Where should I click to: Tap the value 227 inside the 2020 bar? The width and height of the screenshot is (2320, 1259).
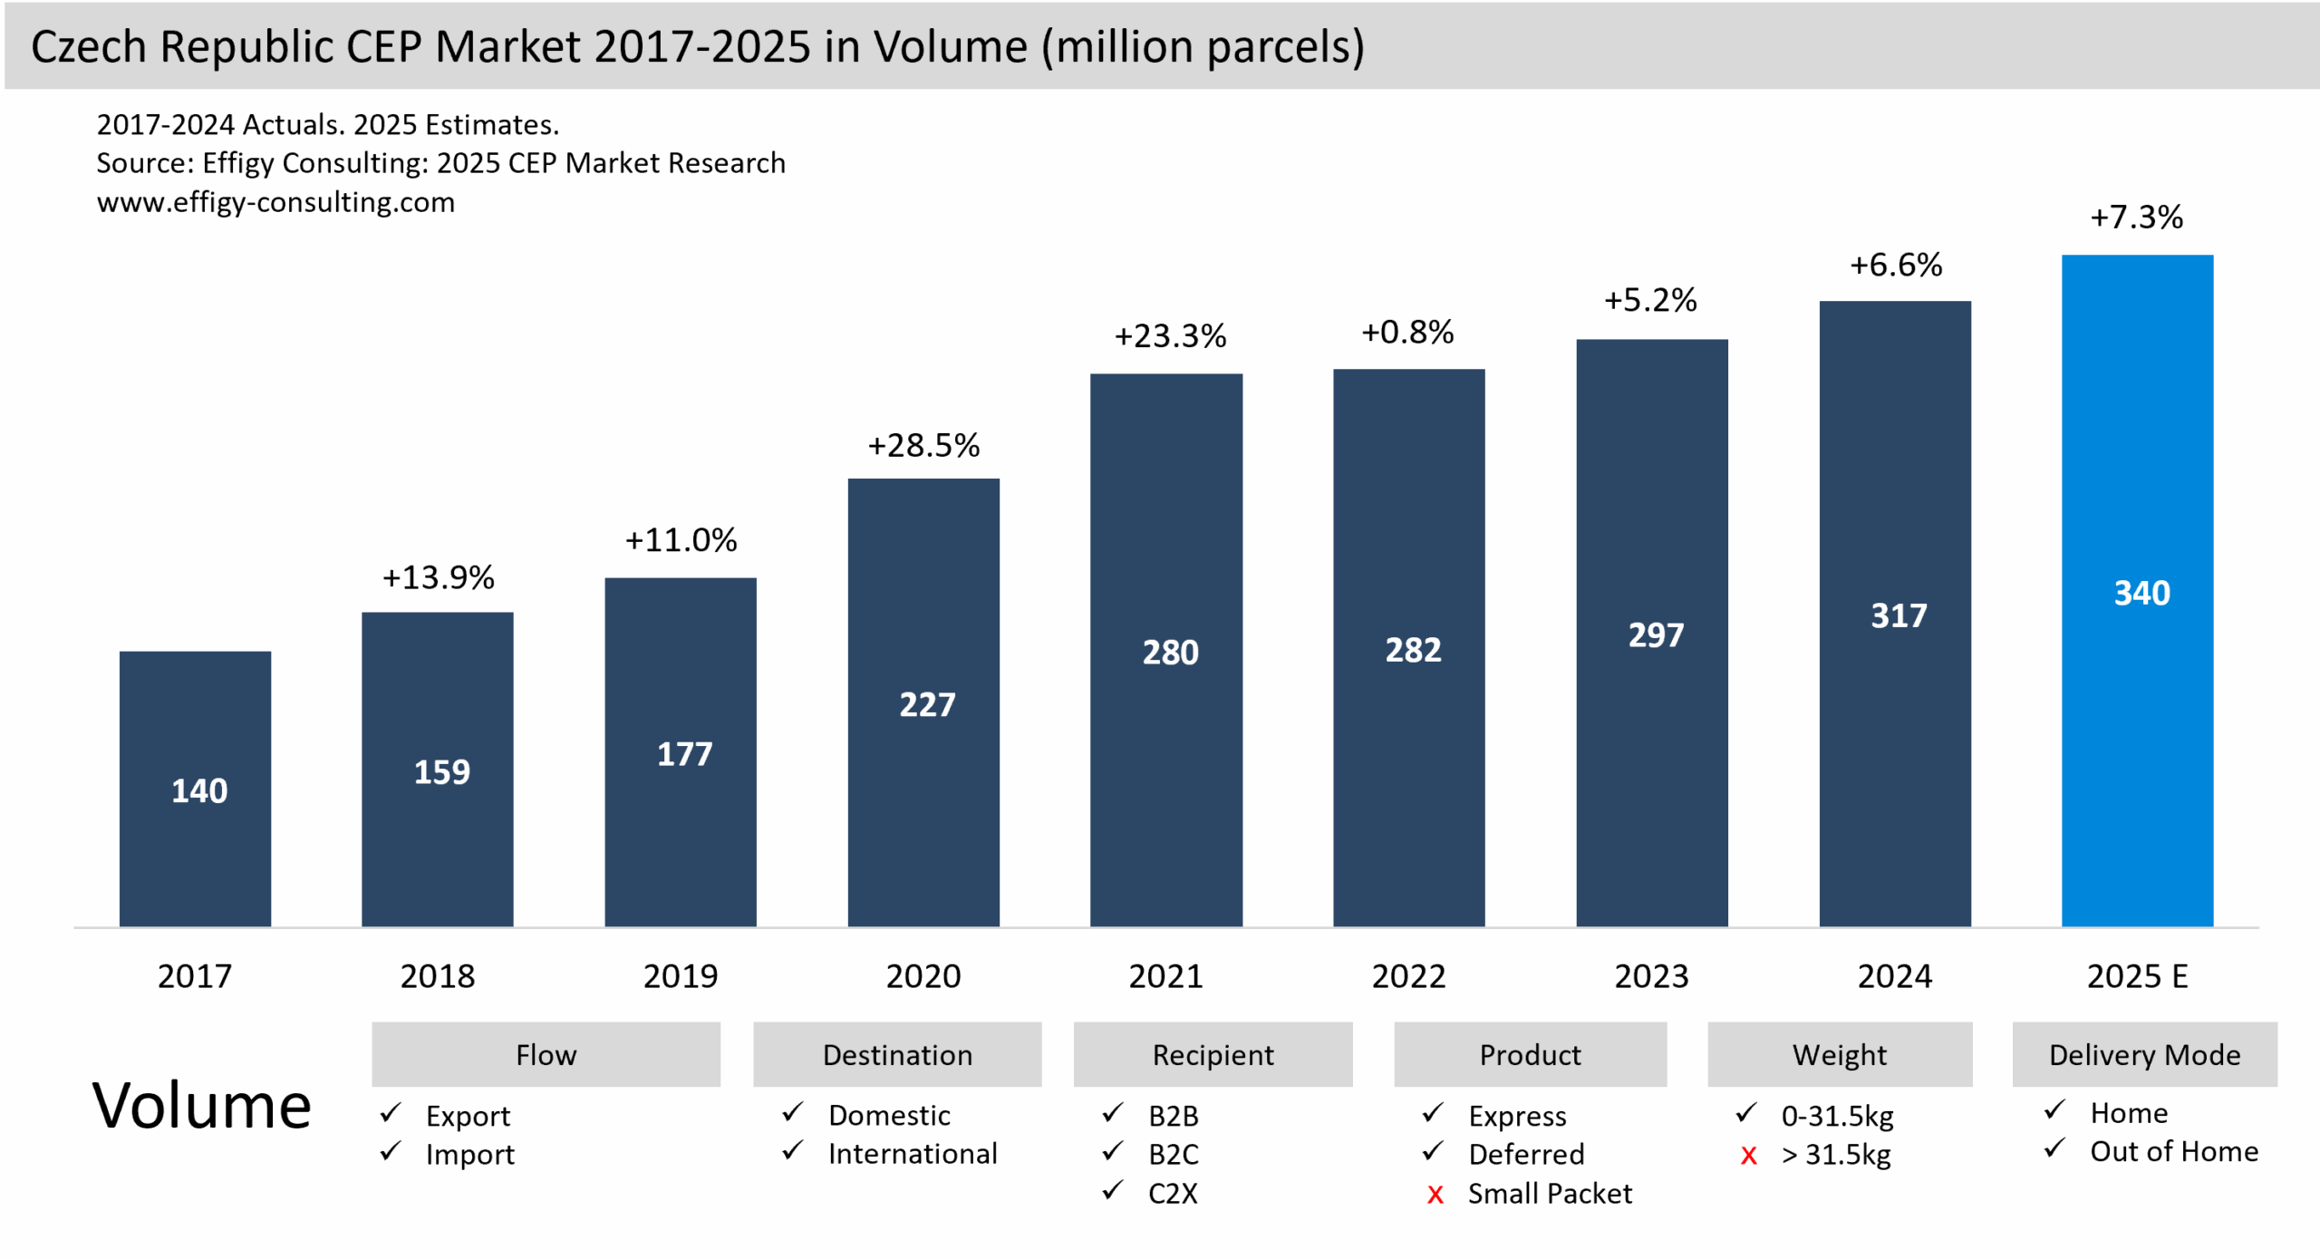pos(926,705)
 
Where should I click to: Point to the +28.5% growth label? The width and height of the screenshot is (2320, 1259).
pos(923,446)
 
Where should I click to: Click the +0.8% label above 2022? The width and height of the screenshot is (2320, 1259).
pos(1407,333)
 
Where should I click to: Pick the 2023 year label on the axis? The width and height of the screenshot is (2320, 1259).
pos(1651,976)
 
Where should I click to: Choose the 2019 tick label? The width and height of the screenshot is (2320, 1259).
pos(680,976)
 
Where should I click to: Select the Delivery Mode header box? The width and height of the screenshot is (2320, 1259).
pos(2144,1055)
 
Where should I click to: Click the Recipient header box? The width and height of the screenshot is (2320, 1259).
pos(1213,1055)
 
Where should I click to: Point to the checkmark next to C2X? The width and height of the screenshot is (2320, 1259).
pos(1113,1190)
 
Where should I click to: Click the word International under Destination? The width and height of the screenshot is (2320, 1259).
pos(912,1154)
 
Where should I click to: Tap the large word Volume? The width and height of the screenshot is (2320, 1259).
pos(201,1107)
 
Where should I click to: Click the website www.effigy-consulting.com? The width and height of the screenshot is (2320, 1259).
pos(275,202)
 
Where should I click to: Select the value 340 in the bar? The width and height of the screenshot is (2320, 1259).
pos(2141,594)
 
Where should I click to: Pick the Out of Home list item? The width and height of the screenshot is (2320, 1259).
pos(2173,1152)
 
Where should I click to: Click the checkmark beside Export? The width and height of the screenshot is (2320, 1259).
pos(391,1112)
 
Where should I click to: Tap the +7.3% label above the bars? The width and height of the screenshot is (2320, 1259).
pos(2136,218)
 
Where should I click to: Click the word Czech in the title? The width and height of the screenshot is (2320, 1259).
pos(88,46)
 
